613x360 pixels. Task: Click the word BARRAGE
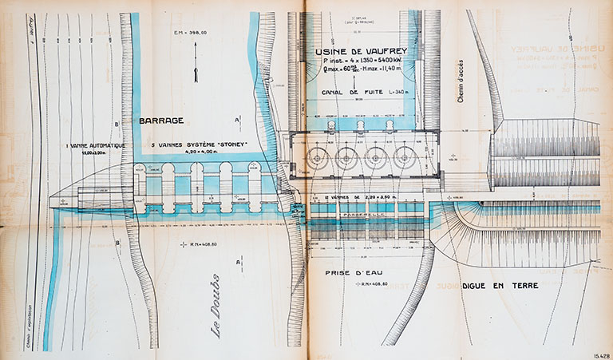click(161, 121)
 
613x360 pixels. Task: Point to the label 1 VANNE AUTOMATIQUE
click(95, 145)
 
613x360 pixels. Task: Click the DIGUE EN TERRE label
click(504, 285)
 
